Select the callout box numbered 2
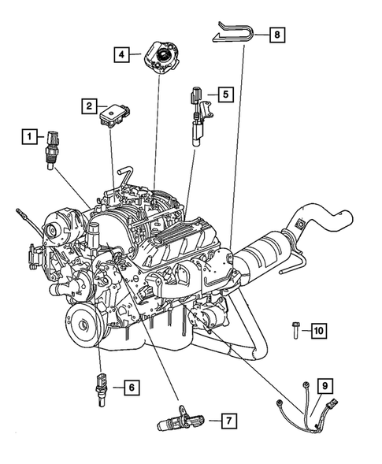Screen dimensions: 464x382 coord(91,105)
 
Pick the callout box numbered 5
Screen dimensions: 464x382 coord(224,95)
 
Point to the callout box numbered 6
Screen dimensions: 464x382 coord(131,388)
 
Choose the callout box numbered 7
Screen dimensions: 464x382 coord(226,421)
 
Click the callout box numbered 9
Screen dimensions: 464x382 coord(325,385)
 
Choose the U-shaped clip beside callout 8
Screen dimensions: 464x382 coord(234,34)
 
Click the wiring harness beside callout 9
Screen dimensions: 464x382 coord(303,409)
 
